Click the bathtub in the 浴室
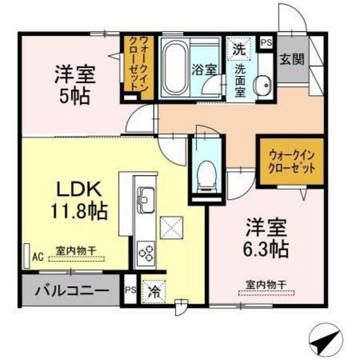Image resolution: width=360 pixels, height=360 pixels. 174,67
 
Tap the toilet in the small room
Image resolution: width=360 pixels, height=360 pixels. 206,174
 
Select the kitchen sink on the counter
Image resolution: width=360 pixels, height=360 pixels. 144,198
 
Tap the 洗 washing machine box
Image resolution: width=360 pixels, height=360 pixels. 239,49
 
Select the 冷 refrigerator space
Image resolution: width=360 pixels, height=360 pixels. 154,290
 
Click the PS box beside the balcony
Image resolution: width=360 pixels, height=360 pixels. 129,289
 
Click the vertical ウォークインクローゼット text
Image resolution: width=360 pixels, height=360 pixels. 138,66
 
